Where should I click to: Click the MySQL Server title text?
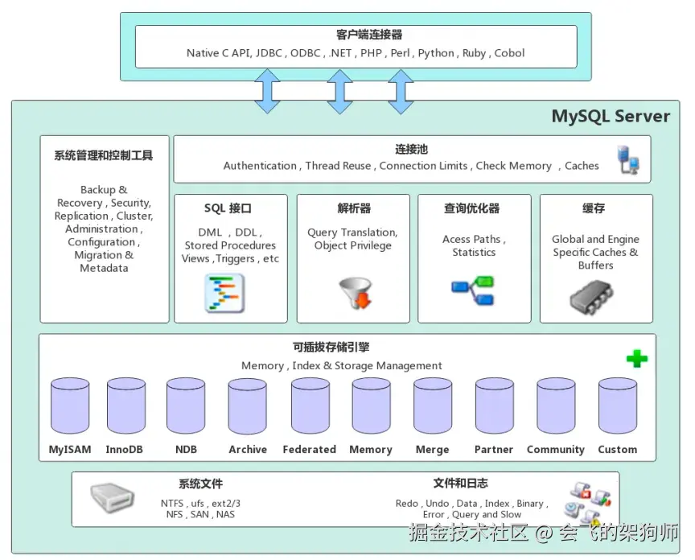[x=611, y=116]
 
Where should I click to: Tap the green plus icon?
[x=637, y=359]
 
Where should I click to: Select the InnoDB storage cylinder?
[x=126, y=406]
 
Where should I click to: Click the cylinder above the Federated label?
[x=310, y=406]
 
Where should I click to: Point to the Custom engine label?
[x=618, y=449]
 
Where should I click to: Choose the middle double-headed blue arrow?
[x=339, y=92]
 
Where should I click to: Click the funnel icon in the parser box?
[x=356, y=293]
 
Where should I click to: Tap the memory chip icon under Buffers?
[x=591, y=297]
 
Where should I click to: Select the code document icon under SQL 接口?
[x=224, y=294]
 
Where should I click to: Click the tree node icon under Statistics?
[x=473, y=290]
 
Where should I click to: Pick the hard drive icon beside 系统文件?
[x=112, y=497]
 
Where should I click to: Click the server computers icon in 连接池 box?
[x=628, y=159]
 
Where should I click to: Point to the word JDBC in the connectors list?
[x=269, y=53]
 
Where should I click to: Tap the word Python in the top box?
[x=436, y=53]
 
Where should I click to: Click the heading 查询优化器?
[x=472, y=208]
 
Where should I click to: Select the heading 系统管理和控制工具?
[x=104, y=155]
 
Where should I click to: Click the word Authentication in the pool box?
[x=260, y=166]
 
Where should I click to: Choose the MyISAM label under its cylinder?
[x=70, y=449]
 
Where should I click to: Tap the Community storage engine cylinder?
[x=556, y=406]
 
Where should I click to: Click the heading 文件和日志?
[x=461, y=484]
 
